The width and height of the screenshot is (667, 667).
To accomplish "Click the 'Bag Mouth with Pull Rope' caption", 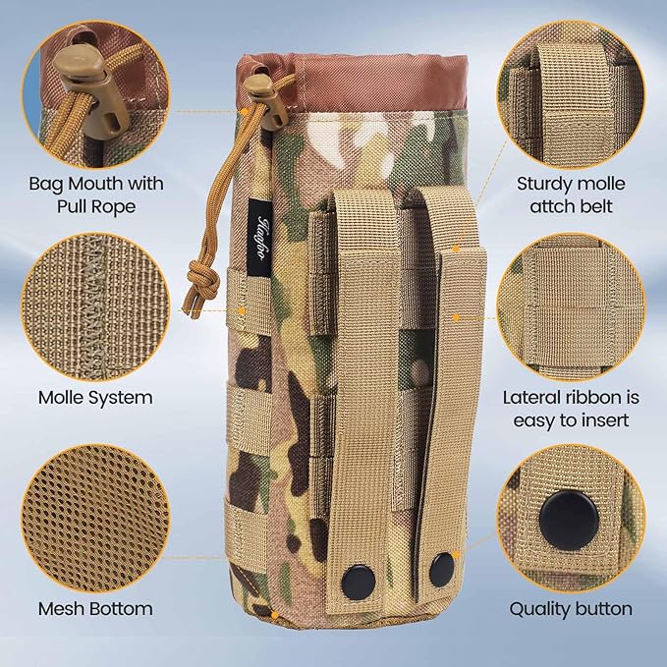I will coord(95,195).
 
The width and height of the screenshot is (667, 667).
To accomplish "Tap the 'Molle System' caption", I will coord(95,398).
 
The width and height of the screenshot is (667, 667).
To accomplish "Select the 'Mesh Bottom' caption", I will coord(95,608).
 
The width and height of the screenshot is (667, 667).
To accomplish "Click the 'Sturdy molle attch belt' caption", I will coord(571,195).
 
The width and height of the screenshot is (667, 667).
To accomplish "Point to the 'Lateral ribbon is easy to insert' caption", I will coord(571,410).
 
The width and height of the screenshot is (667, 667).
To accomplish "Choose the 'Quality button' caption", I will coord(571,608).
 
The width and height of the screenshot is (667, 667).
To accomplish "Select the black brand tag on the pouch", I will coord(263,215).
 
